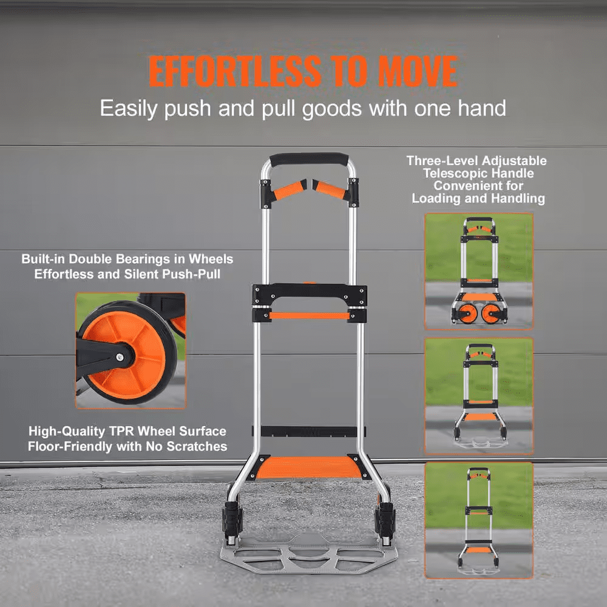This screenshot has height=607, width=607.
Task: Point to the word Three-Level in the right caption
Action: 443,161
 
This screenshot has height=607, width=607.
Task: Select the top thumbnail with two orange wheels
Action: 479,271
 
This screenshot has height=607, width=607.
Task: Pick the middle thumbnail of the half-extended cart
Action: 479,396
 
